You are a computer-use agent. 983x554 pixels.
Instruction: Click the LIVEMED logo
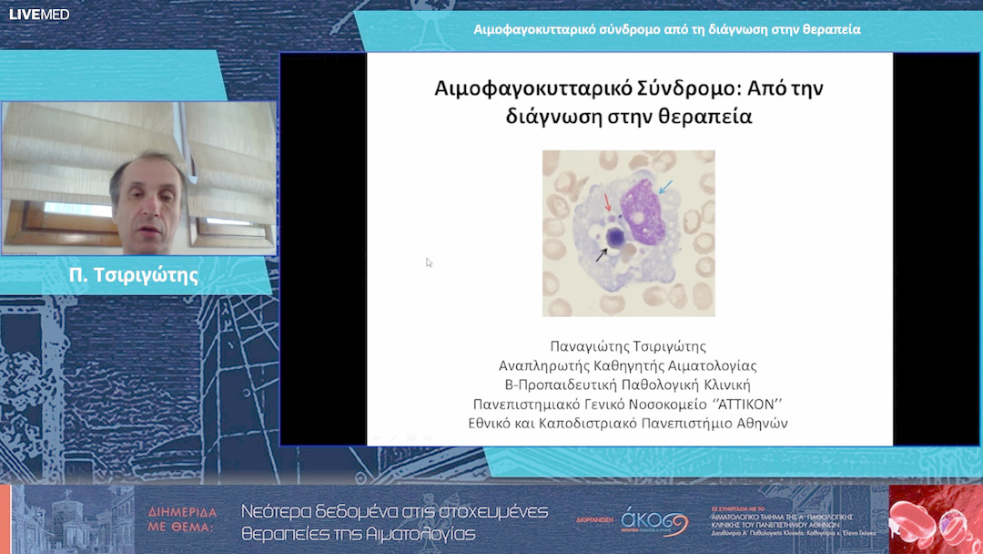click(x=39, y=15)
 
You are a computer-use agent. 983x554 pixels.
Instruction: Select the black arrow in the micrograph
click(x=602, y=254)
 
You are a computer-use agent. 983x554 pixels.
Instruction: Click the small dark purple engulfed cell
click(x=616, y=238)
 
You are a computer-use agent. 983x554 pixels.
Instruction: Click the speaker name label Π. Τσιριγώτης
click(x=133, y=275)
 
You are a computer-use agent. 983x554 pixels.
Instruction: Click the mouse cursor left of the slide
click(x=430, y=263)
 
